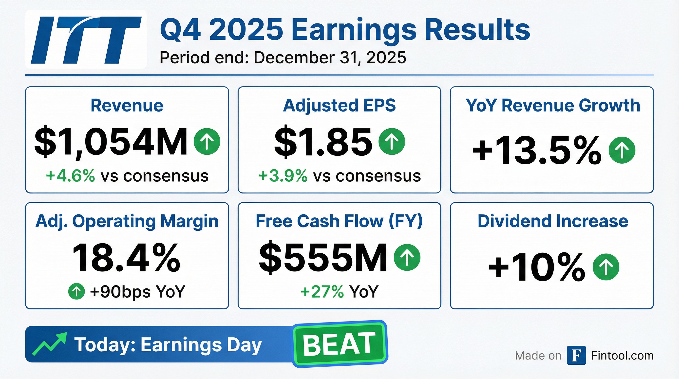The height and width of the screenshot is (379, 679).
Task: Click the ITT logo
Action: [86, 39]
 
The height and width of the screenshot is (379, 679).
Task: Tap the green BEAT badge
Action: [339, 344]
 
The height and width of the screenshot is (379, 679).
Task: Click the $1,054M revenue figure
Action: [111, 142]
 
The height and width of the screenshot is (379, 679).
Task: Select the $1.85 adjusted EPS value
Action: [323, 142]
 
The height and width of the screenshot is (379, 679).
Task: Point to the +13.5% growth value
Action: [537, 151]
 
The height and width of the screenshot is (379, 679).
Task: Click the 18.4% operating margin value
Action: [126, 258]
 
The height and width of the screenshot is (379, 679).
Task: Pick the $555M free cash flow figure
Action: [323, 258]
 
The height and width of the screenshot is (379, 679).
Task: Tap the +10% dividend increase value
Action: [537, 267]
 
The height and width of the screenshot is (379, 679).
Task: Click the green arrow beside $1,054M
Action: [207, 142]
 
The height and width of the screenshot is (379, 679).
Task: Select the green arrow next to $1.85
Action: [392, 142]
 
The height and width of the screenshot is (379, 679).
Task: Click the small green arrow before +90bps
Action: [76, 291]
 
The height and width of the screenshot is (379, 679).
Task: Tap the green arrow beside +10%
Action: [606, 267]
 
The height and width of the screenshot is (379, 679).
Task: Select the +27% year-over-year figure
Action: [322, 292]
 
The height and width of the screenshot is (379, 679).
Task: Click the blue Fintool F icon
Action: [576, 355]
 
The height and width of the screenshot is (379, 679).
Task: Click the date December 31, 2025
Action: [330, 57]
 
